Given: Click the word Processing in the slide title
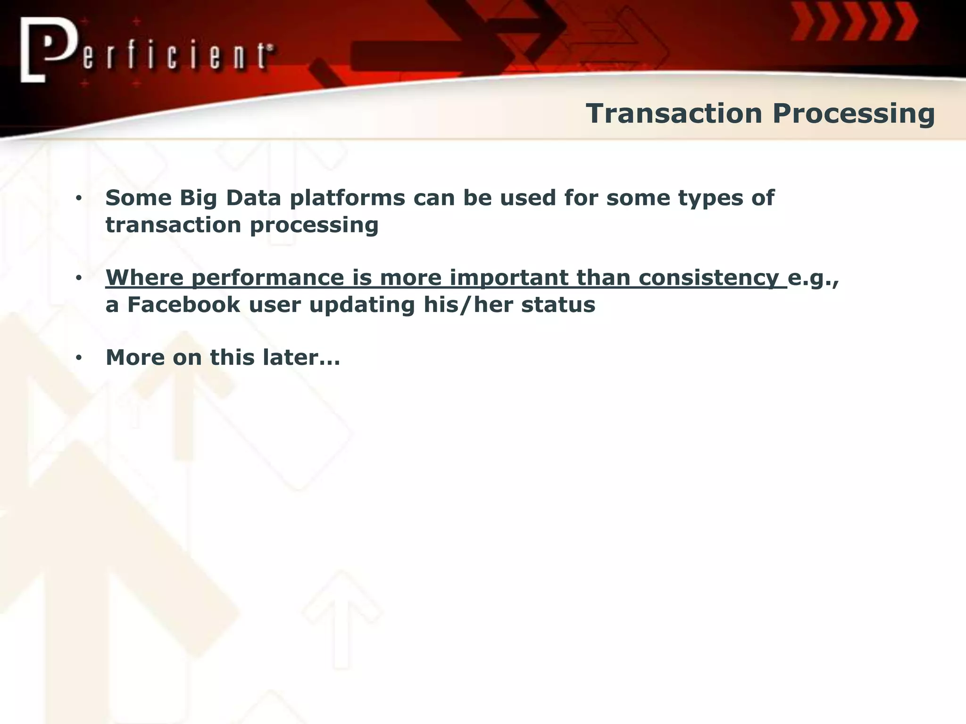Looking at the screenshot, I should (853, 115).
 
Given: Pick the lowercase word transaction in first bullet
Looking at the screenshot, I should (173, 225).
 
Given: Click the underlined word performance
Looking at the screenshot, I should (268, 278).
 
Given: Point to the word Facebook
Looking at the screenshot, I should (183, 304).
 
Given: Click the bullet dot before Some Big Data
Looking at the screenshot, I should (79, 198).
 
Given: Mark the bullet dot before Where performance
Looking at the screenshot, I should (79, 278).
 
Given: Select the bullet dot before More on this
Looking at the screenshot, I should (79, 358).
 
